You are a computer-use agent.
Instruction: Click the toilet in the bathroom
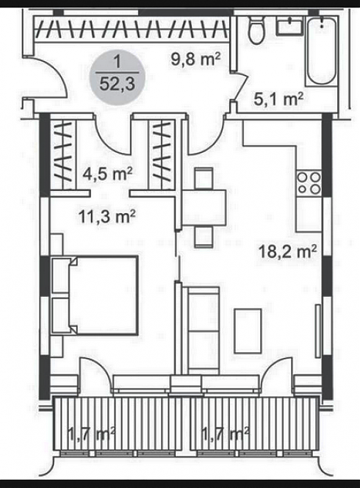point(256,30)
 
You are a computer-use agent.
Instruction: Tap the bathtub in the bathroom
point(322,51)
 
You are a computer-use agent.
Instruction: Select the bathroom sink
point(290,26)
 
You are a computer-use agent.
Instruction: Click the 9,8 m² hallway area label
point(195,59)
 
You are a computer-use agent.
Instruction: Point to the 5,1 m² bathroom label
point(278,100)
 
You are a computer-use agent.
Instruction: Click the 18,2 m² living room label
point(288,251)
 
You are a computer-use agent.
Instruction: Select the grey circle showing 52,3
point(118,78)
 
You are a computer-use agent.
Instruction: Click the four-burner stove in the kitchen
point(309,183)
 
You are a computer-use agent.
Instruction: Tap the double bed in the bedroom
point(95,295)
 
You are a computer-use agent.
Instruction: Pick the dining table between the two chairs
point(204,207)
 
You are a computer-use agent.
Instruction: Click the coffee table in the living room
point(248,331)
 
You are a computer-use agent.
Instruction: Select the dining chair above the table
point(204,179)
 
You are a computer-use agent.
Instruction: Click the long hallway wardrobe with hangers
point(132,29)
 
